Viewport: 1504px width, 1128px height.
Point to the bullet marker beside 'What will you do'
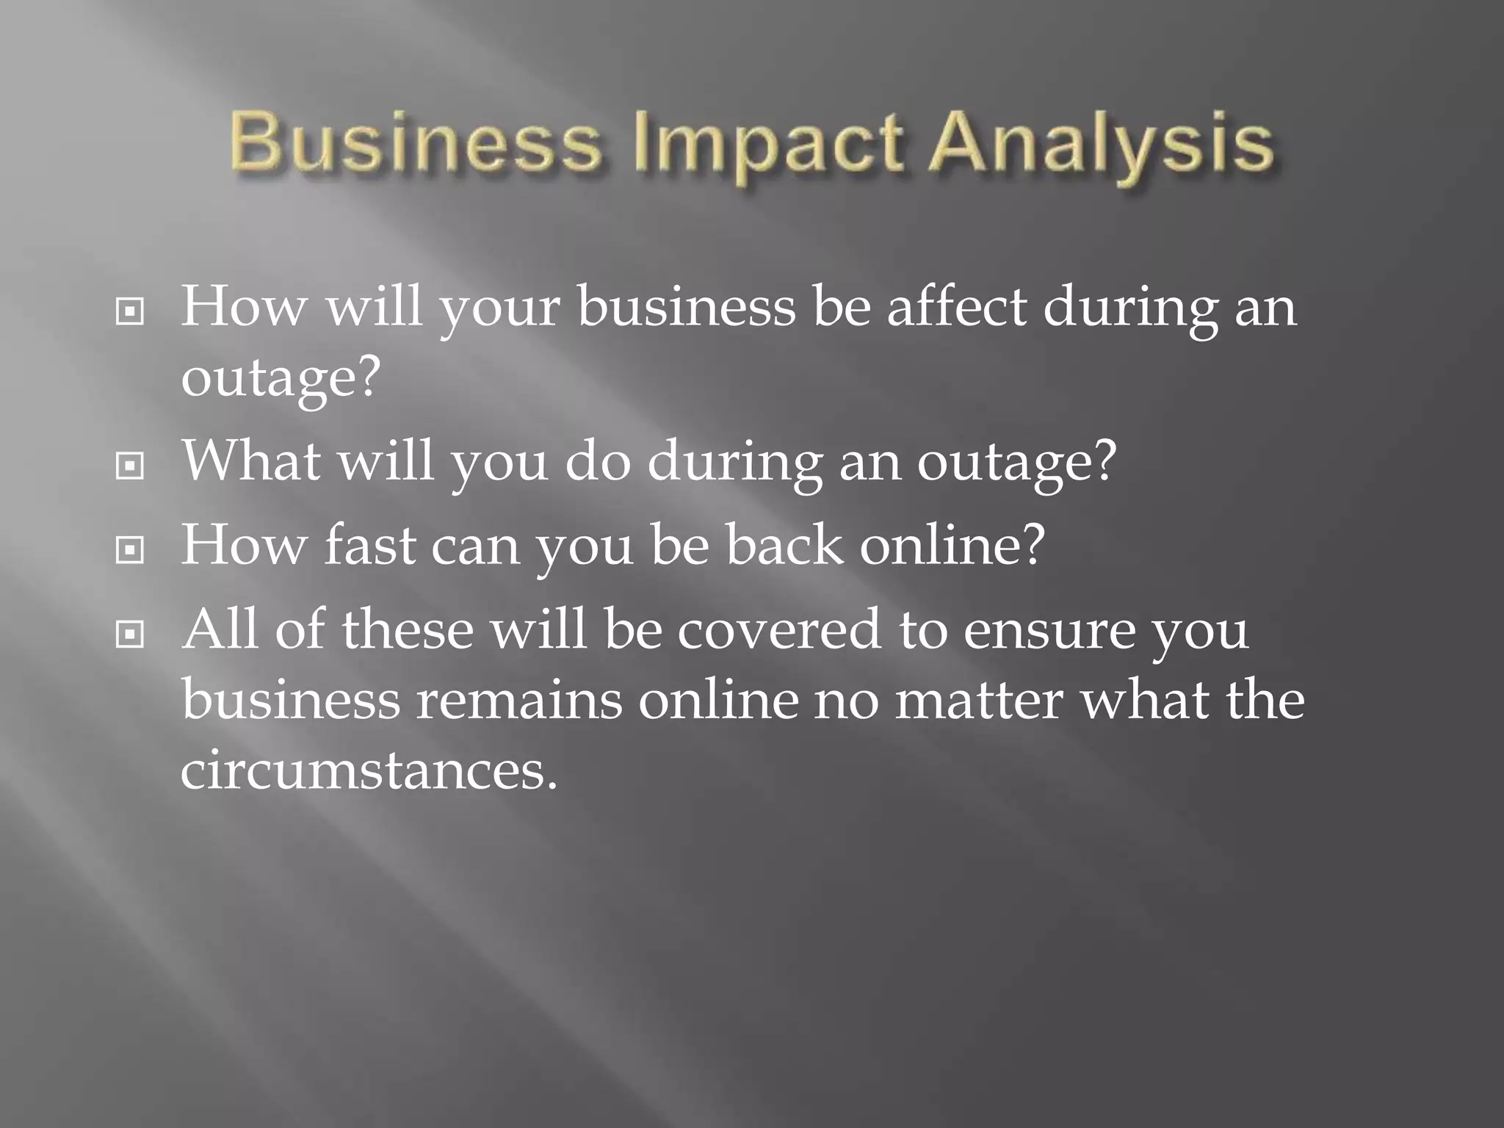pyautogui.click(x=130, y=466)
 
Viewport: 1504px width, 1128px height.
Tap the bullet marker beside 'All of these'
pyautogui.click(x=130, y=634)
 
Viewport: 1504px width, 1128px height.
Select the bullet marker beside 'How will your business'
pyautogui.click(x=130, y=313)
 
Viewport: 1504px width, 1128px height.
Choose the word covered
pyautogui.click(x=778, y=630)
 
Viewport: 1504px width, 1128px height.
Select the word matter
pyautogui.click(x=979, y=701)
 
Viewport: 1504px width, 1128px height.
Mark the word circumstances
pyautogui.click(x=369, y=771)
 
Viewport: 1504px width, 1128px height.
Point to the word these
pyautogui.click(x=408, y=630)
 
